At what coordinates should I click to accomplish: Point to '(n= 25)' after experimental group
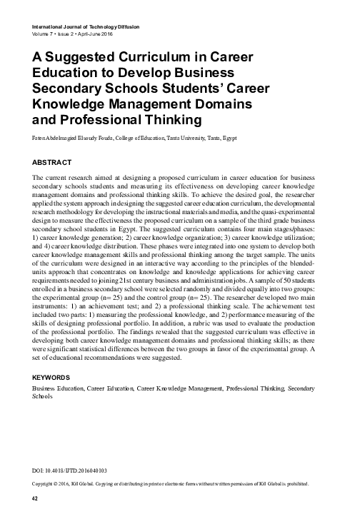(102, 301)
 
